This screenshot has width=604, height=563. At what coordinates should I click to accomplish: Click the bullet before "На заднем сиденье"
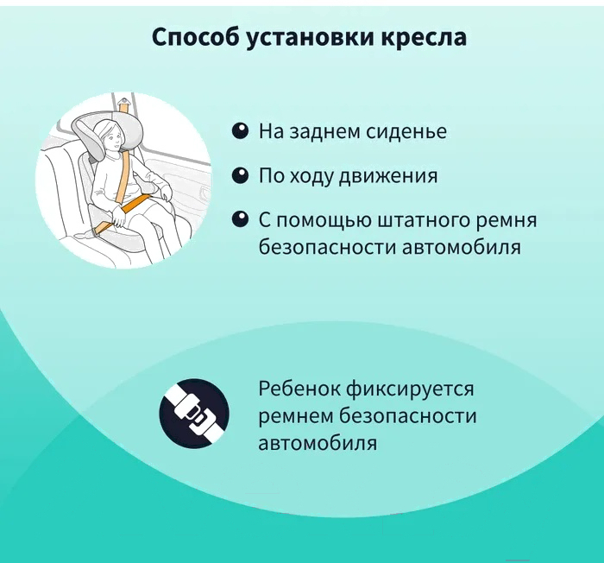coord(240,131)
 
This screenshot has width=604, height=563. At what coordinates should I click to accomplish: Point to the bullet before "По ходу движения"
coord(240,175)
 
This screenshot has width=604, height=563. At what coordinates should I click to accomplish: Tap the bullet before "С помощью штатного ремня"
coord(240,219)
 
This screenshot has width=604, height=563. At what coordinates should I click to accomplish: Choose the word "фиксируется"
coord(423,389)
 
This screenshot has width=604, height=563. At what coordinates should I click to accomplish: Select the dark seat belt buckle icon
coord(193,414)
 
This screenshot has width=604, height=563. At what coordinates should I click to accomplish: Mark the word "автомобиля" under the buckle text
coord(318,444)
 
